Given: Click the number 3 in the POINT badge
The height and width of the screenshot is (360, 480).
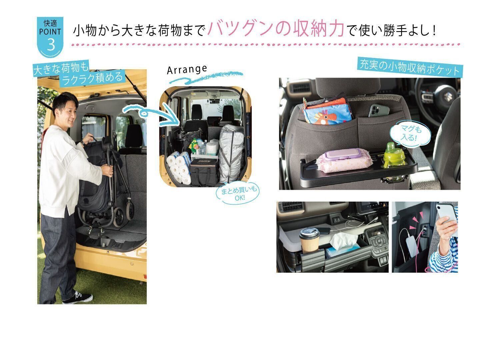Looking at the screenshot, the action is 51,45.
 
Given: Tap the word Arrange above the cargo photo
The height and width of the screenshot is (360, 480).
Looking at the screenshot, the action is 187,70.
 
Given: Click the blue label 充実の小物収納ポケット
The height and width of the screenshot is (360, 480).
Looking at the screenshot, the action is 410,68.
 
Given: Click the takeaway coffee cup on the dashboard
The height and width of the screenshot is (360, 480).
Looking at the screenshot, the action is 309,240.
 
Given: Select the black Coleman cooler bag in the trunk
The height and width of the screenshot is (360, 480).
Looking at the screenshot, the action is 204,172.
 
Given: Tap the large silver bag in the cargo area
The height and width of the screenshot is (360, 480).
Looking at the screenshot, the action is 231,153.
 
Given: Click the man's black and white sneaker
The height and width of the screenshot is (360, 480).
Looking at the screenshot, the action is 78,298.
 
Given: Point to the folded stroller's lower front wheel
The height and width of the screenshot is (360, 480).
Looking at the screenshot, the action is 119,217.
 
